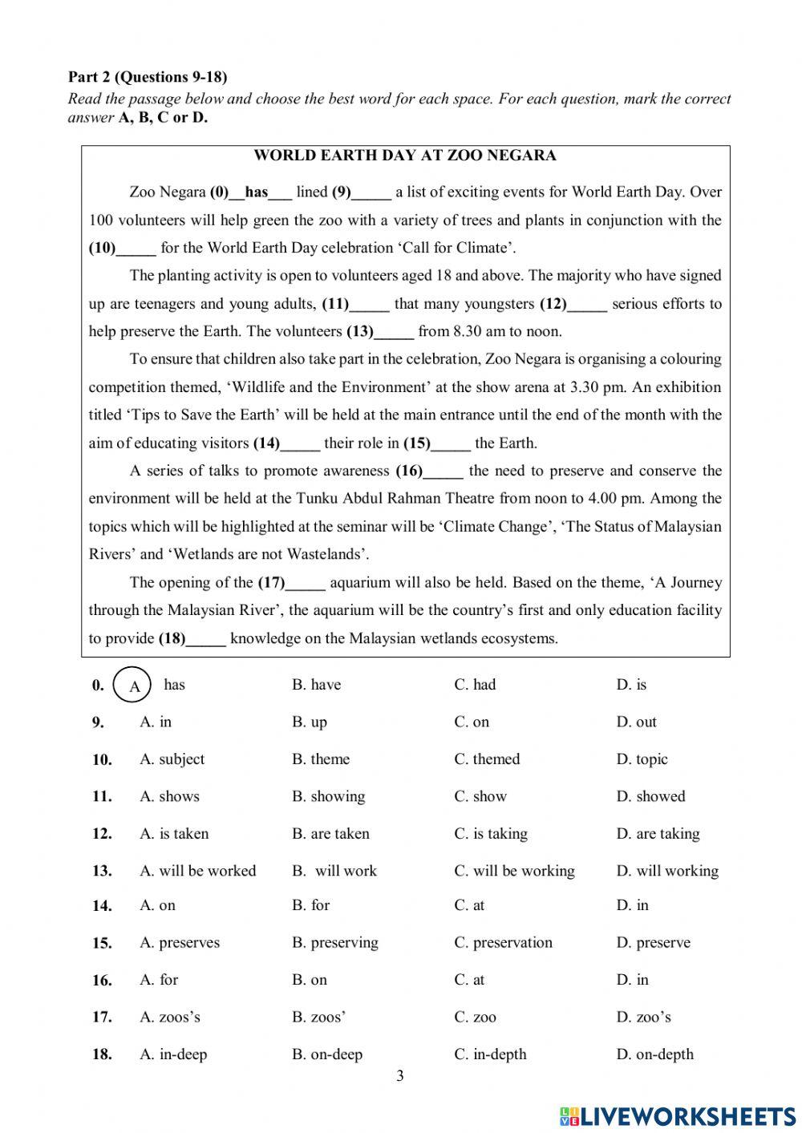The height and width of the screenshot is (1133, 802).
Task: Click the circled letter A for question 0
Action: tap(133, 686)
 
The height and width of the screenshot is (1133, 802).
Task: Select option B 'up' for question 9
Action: tap(310, 722)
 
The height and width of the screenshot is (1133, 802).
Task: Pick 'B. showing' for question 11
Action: tap(328, 796)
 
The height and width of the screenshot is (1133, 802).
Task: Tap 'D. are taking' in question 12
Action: tap(658, 834)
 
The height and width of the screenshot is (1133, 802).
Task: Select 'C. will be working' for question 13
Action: tap(514, 871)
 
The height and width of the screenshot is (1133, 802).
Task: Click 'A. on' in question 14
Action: tap(157, 905)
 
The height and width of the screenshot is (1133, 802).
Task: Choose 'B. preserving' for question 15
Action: tap(334, 943)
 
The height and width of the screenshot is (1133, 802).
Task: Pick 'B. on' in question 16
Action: tap(310, 980)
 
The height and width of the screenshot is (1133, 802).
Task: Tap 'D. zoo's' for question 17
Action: tap(643, 1018)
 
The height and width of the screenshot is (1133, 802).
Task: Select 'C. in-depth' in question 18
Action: tap(490, 1054)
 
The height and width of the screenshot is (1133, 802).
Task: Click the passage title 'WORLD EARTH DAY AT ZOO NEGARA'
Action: tap(405, 156)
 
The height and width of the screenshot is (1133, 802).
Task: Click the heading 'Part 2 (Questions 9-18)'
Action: tap(148, 77)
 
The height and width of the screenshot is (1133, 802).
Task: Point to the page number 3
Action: tap(400, 1076)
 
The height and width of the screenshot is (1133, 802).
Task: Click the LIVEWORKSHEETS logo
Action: tap(678, 1115)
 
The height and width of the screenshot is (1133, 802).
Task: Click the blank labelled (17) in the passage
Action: tap(306, 583)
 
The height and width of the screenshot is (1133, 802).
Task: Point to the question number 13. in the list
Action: tap(102, 872)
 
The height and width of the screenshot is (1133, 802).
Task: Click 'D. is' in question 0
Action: tap(631, 685)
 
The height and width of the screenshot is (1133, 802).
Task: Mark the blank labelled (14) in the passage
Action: tap(301, 443)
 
